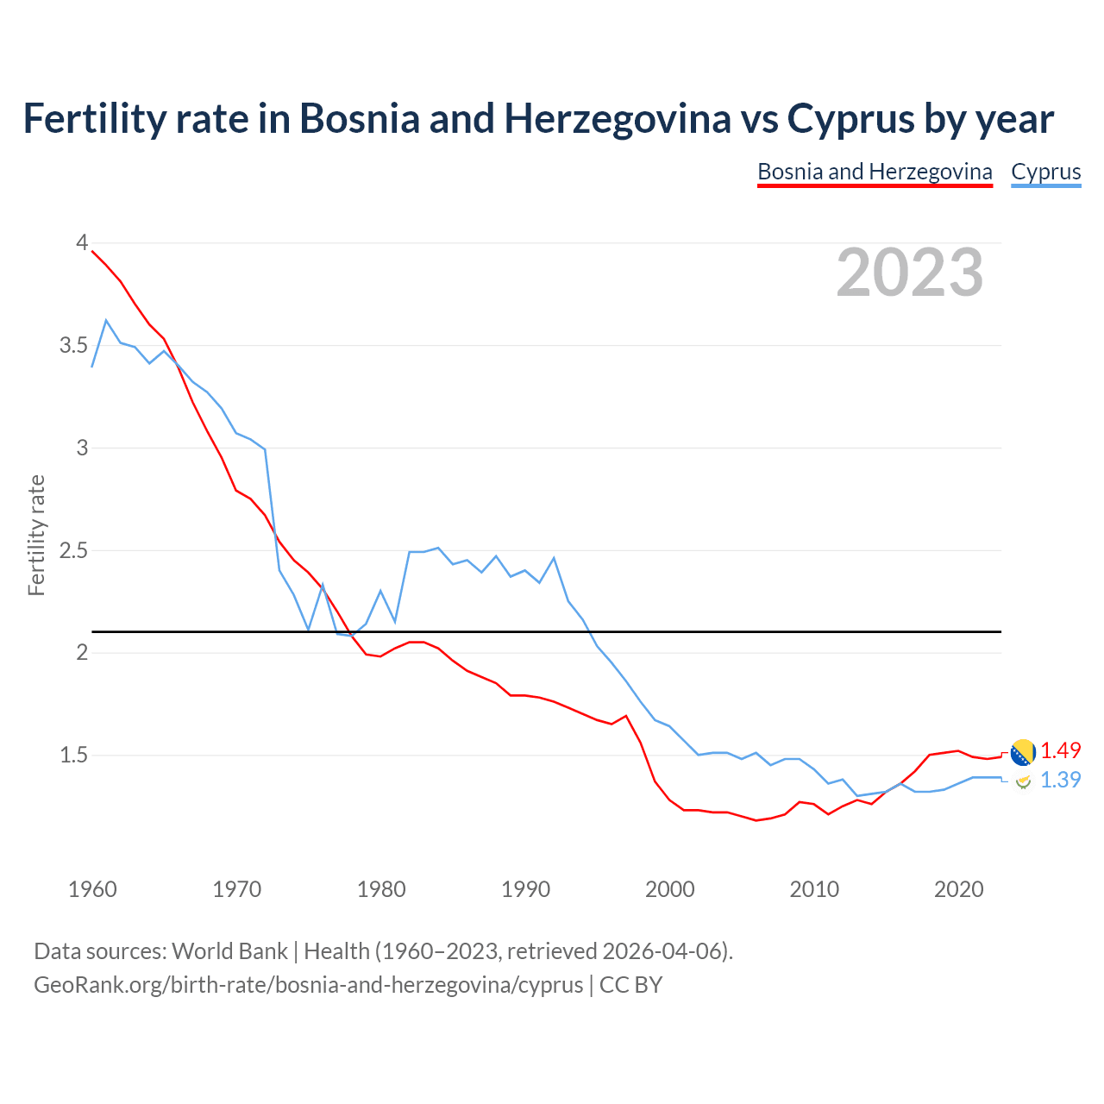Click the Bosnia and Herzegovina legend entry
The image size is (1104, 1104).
click(x=875, y=172)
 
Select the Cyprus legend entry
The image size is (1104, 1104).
click(x=1045, y=172)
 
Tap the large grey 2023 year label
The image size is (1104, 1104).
click(x=910, y=273)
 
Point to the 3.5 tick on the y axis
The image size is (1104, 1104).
click(x=73, y=346)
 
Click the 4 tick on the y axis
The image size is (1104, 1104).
click(x=82, y=243)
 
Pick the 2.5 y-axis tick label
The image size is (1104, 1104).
click(x=73, y=550)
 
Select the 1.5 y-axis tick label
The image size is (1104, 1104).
click(x=73, y=756)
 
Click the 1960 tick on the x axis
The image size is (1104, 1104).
click(x=92, y=889)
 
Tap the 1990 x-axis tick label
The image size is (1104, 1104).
click(x=525, y=889)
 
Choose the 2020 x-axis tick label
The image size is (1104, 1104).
click(x=958, y=889)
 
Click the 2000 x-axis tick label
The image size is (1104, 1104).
click(x=669, y=889)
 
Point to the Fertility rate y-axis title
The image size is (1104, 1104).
click(x=36, y=535)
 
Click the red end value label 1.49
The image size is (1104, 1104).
click(x=1060, y=750)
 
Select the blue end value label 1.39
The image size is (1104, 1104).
click(x=1060, y=780)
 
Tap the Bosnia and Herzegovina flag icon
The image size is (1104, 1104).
click(x=1023, y=752)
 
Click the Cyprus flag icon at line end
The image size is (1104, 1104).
click(x=1023, y=781)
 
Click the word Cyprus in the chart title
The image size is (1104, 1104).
click(x=850, y=118)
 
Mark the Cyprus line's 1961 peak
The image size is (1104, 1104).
click(x=106, y=320)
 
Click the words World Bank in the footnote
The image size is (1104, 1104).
click(x=229, y=951)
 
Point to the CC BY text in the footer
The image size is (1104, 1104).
click(x=630, y=985)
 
